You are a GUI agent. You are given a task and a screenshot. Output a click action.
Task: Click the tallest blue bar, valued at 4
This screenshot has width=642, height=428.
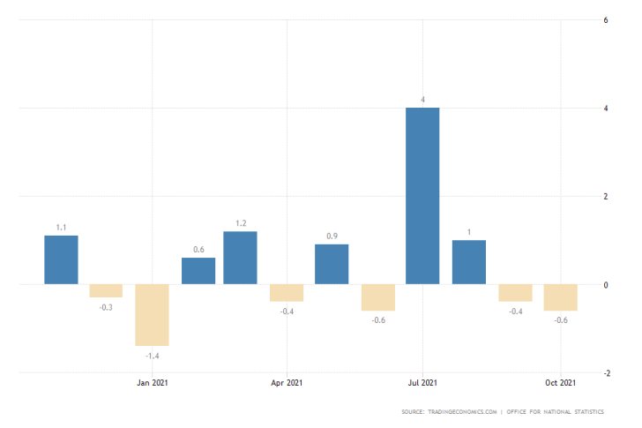422,196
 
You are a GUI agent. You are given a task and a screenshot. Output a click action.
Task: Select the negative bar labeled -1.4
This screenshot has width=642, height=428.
152,314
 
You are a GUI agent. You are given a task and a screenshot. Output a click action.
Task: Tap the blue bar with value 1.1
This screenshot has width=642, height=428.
61,259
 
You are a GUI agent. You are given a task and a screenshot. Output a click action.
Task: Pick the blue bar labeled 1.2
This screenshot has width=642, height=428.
240,258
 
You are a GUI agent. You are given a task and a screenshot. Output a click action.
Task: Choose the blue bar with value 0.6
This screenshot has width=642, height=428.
198,271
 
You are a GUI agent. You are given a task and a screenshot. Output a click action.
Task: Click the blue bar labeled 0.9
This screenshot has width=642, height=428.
332,264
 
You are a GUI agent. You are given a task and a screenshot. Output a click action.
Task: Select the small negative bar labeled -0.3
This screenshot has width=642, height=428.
106,291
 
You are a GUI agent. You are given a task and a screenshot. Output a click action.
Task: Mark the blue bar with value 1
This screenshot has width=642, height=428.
468,262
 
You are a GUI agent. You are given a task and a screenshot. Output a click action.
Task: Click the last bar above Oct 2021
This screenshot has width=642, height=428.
560,297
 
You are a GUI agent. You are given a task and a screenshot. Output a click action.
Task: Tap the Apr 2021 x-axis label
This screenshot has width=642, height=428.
287,382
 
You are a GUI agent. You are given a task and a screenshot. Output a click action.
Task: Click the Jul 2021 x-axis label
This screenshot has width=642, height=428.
422,382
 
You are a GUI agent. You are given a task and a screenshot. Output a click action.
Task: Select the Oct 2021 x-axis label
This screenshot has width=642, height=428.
560,382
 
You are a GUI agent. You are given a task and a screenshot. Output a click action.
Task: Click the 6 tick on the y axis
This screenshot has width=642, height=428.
605,20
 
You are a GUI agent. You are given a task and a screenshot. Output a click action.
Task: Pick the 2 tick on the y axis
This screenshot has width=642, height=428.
605,197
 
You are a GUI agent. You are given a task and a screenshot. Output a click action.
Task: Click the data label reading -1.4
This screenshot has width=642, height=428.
152,355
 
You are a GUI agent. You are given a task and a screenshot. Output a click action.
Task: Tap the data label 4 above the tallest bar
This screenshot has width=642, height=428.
422,99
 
